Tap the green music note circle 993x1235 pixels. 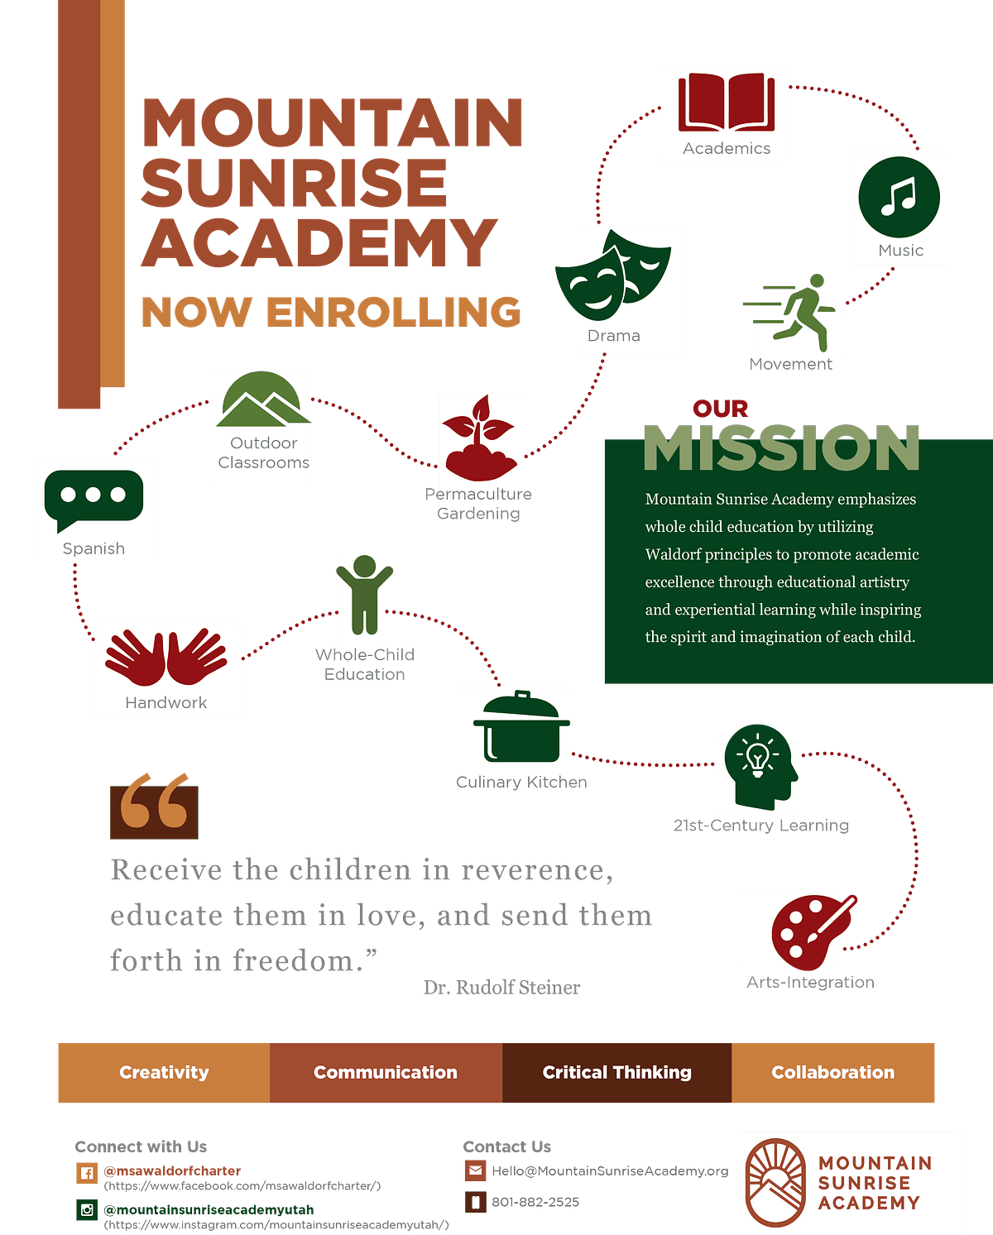pos(899,197)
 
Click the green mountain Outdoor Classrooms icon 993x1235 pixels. pos(262,400)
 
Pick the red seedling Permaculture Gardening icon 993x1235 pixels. pos(480,438)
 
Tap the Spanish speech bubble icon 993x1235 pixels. pos(94,499)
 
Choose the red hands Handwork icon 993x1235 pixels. pos(166,658)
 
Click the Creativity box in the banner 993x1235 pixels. pos(164,1072)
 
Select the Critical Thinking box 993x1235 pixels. pos(616,1072)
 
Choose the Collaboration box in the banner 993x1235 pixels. pos(832,1072)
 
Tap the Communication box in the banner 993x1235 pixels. pos(385,1072)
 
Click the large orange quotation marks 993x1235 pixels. pos(154,802)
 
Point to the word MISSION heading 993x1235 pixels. pos(781,448)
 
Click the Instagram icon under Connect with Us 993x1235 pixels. pos(87,1210)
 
